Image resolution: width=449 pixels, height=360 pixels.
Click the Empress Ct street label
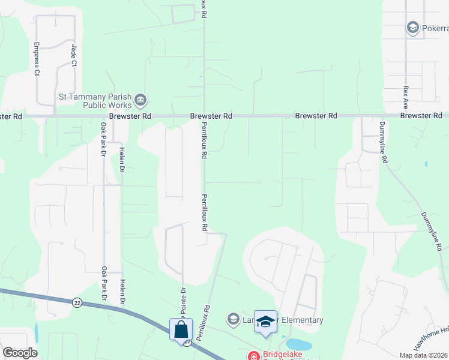tap(37, 59)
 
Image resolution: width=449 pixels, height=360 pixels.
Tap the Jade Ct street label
tap(74, 55)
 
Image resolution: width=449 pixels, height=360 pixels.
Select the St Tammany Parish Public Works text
tap(96, 100)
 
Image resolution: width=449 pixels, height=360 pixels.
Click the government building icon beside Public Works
tap(141, 100)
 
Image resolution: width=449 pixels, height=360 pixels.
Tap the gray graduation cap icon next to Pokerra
tap(412, 28)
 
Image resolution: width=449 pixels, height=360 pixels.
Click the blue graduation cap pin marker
tap(265, 323)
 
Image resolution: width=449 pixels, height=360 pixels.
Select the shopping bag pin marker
tap(181, 330)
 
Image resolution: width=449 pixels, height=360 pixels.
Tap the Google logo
tap(20, 353)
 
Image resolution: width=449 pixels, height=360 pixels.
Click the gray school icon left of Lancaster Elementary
tap(233, 318)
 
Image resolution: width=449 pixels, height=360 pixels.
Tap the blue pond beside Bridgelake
tap(298, 344)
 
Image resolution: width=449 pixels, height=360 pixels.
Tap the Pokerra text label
tap(434, 28)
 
